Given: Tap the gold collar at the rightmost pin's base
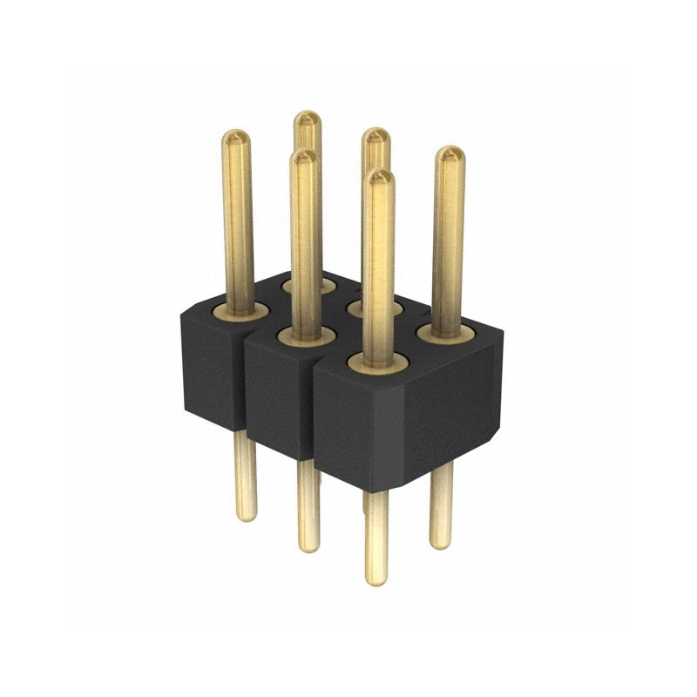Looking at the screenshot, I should pyautogui.click(x=445, y=333).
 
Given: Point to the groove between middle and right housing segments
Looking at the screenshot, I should pyautogui.click(x=313, y=409).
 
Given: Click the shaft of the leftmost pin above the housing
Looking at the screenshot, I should pyautogui.click(x=238, y=227).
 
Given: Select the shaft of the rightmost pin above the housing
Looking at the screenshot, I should pyautogui.click(x=448, y=244).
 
